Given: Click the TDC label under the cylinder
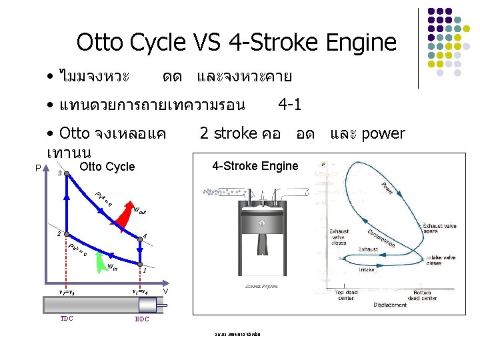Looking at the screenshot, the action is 66,319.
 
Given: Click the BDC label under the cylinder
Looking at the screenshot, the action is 141,319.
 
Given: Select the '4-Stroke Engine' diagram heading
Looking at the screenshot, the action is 255,166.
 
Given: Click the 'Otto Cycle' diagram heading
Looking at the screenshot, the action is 107,167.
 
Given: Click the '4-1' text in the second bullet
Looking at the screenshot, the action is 289,105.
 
